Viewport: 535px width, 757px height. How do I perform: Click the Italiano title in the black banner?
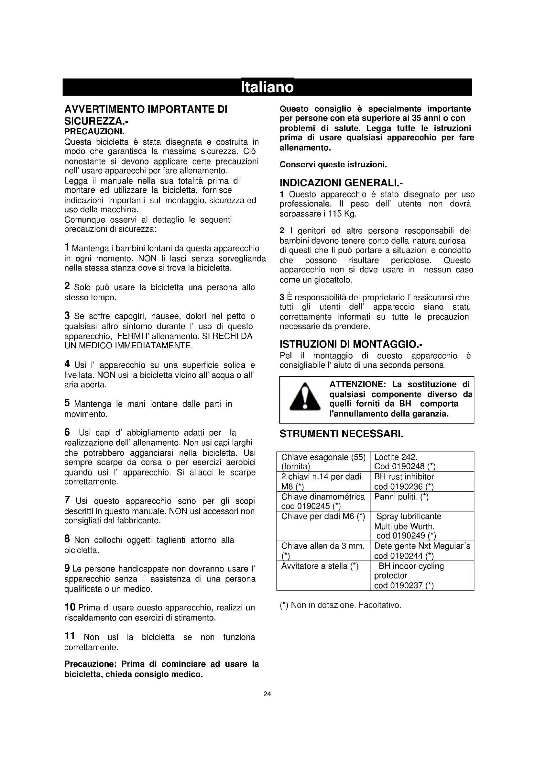267,87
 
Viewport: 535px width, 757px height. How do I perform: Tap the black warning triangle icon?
305,397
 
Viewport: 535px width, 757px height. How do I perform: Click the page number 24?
267,694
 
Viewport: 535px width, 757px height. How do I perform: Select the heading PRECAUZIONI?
94,131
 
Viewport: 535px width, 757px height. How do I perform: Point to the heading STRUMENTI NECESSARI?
341,434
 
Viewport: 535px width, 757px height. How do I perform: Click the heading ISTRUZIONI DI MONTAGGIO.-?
351,344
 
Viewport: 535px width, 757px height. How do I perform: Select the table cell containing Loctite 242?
422,462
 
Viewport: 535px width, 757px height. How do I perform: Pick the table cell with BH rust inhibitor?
422,481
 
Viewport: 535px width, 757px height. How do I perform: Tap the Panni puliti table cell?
422,501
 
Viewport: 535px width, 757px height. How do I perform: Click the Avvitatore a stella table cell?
323,575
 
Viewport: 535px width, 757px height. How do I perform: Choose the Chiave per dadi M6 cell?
323,526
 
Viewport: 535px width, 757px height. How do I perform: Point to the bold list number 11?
70,636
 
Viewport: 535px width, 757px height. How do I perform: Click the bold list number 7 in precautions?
67,500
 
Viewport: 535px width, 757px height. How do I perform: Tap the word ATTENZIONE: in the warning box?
358,384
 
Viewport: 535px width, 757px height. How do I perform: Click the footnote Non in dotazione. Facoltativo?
340,605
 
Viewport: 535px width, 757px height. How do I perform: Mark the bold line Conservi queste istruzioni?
333,164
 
